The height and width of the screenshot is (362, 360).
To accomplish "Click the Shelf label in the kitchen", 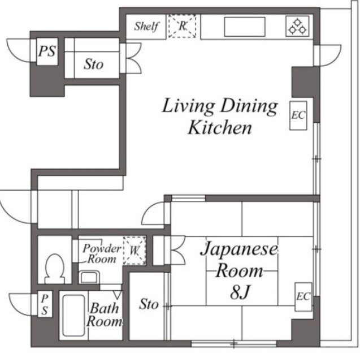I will (x=146, y=27).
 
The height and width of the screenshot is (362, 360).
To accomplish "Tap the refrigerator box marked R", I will (x=183, y=26).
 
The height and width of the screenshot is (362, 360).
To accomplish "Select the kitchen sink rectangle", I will (x=245, y=26).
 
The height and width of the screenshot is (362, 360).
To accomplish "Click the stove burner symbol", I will (x=297, y=26).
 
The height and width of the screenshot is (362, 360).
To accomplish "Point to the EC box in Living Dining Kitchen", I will (x=298, y=115).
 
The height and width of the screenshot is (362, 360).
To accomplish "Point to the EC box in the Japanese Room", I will (x=302, y=296).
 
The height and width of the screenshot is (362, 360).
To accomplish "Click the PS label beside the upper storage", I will (x=47, y=51).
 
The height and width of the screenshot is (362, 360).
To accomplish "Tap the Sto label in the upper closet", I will (x=94, y=64).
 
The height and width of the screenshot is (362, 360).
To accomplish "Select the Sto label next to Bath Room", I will (x=149, y=304).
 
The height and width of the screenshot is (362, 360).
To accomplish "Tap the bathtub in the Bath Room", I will (x=71, y=316).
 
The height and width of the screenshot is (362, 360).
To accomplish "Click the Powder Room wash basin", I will (x=88, y=277).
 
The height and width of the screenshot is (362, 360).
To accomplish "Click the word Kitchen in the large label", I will (x=219, y=128).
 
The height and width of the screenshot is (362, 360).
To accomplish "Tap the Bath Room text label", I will (x=104, y=316).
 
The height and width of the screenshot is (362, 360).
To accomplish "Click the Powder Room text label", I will (x=101, y=254).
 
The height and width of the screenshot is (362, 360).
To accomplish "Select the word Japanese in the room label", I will (x=240, y=249).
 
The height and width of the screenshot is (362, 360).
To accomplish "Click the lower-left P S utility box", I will (x=45, y=303).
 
